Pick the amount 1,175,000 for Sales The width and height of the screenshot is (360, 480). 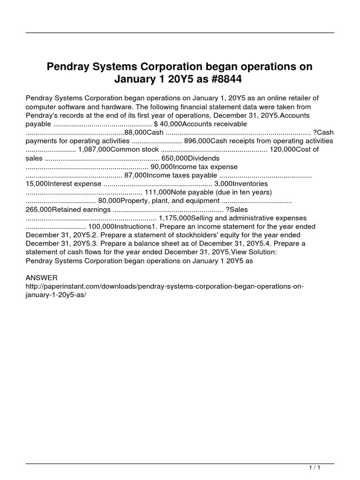pos(174,218)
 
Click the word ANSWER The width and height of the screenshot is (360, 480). pos(42,277)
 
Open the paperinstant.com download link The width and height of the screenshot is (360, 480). pos(164,290)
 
